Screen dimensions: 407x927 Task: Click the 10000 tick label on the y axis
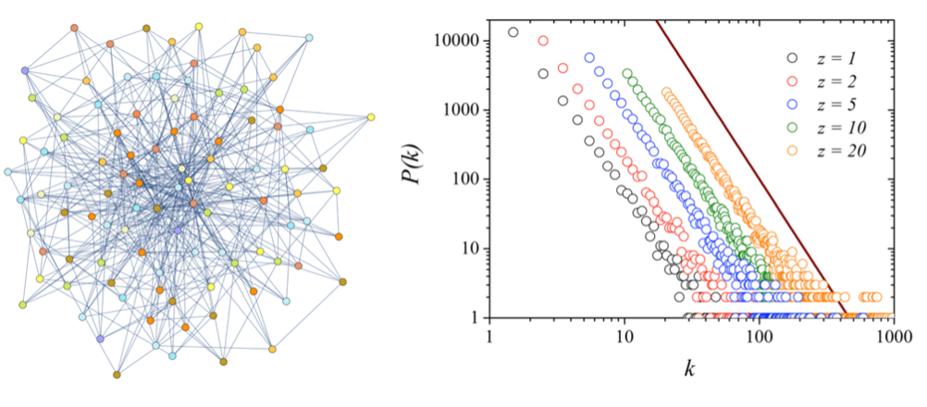[457, 41]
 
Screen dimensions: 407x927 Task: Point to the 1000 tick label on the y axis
[461, 110]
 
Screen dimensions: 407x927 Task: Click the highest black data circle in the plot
[513, 32]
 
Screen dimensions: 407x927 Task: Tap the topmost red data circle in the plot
[543, 41]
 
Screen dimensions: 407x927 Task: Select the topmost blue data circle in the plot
[589, 58]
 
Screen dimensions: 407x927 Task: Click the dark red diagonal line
[740, 157]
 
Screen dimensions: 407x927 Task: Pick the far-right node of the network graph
[370, 117]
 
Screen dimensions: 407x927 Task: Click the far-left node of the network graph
[8, 172]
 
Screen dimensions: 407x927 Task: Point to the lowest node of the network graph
[117, 375]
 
